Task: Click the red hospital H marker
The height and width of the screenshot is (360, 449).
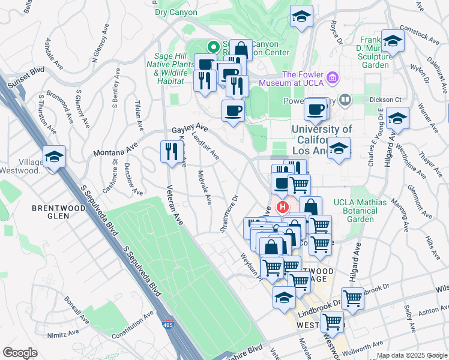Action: pyautogui.click(x=282, y=208)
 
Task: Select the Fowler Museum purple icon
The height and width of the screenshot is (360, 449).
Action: pyautogui.click(x=334, y=77)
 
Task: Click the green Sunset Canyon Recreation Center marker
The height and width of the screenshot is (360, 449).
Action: pyautogui.click(x=212, y=46)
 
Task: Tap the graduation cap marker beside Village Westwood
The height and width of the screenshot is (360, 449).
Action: pyautogui.click(x=54, y=157)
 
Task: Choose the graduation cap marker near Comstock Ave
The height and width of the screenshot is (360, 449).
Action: pyautogui.click(x=393, y=41)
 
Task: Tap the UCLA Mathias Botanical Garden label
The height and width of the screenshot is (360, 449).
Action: pyautogui.click(x=352, y=211)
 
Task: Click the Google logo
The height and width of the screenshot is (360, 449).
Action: pyautogui.click(x=20, y=353)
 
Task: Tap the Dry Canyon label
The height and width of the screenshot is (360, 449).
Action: pyautogui.click(x=176, y=11)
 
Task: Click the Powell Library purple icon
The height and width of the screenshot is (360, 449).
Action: pyautogui.click(x=345, y=100)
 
